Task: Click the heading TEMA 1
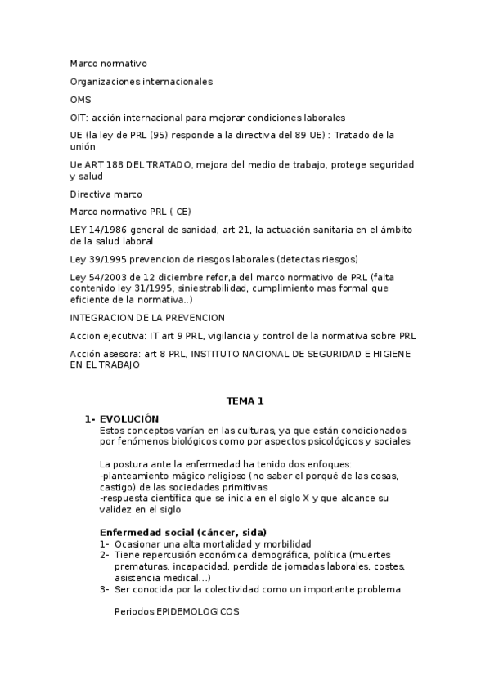(x=245, y=400)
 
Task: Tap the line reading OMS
(x=79, y=99)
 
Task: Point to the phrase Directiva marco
(x=106, y=194)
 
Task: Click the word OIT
(x=79, y=117)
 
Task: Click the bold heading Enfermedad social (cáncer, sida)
(x=182, y=532)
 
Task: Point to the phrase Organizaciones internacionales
(x=141, y=81)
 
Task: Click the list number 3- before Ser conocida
(x=104, y=588)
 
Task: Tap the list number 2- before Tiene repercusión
(x=104, y=554)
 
